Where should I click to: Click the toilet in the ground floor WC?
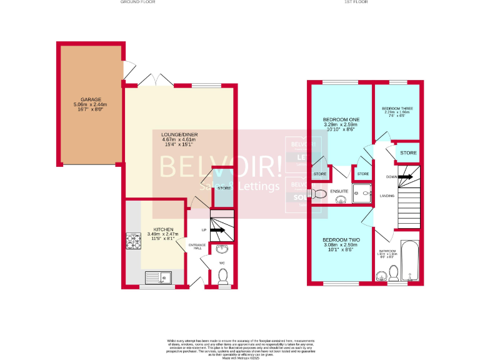point(223,276)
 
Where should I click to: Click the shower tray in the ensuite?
point(361,194)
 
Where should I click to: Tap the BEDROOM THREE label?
point(397,108)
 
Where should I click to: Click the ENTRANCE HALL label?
point(197,246)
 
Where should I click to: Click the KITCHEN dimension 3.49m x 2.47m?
point(162,234)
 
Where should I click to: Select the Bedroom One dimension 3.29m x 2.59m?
point(341,124)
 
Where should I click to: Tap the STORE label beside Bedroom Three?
point(408,152)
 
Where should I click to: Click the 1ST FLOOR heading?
point(357,2)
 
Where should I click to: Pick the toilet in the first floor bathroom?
point(394,272)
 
